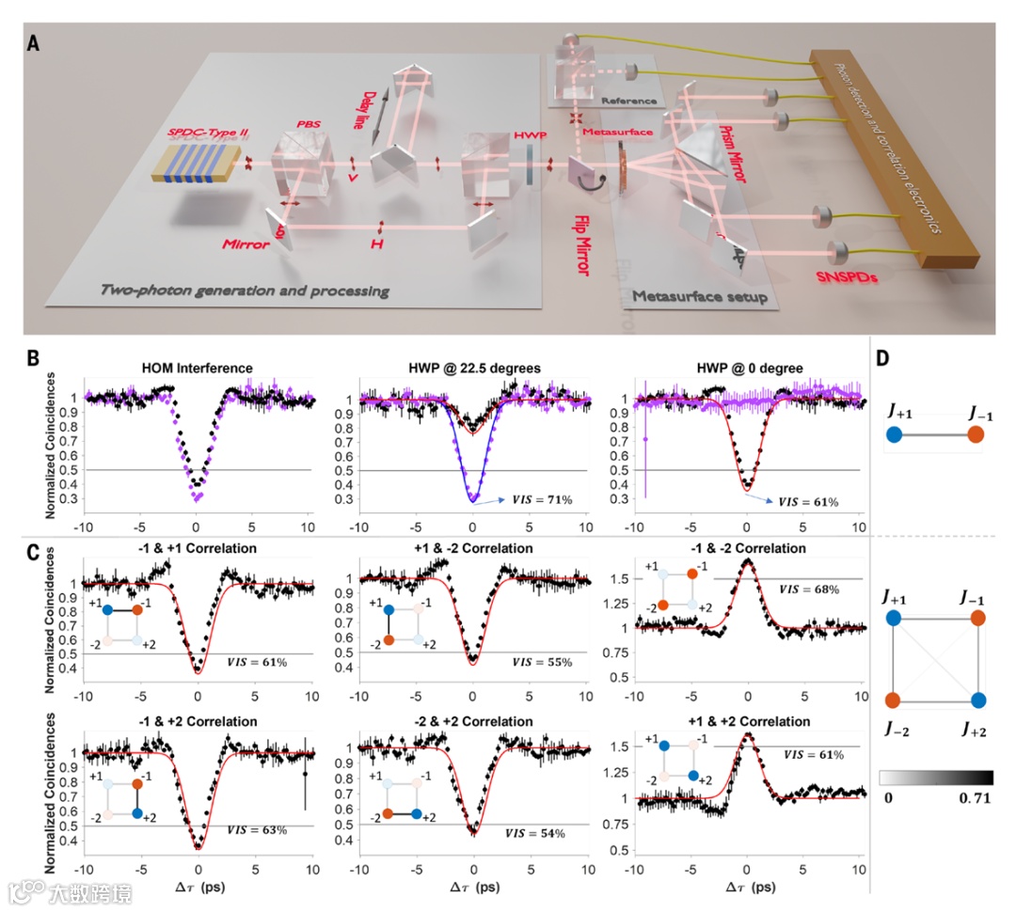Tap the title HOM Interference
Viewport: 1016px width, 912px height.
coord(196,368)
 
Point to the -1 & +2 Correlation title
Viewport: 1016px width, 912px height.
coord(196,721)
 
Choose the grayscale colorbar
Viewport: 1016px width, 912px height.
coord(935,778)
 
